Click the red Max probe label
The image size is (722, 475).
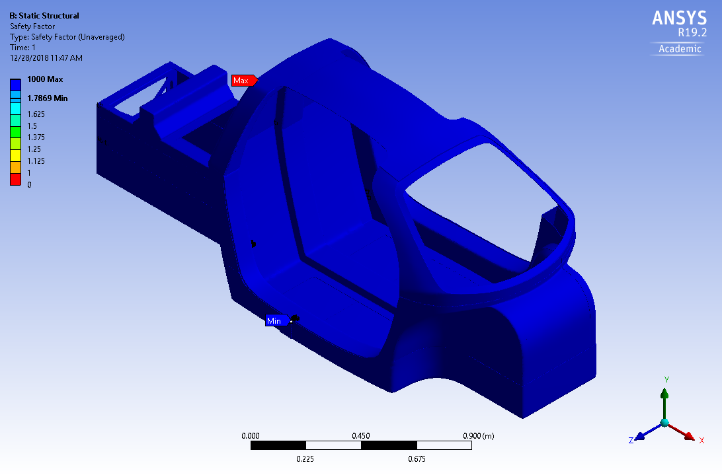243,81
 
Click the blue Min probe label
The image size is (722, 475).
274,321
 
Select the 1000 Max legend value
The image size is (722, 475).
44,79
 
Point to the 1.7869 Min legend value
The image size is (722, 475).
48,98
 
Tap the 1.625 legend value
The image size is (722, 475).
36,114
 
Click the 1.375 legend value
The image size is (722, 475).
36,137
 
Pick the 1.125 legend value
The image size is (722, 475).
36,161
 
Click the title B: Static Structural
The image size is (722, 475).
44,16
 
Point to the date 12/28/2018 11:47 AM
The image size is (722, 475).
46,58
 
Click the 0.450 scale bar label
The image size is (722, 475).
361,436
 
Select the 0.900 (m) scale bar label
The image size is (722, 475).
477,436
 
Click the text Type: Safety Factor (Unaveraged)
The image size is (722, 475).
67,37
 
